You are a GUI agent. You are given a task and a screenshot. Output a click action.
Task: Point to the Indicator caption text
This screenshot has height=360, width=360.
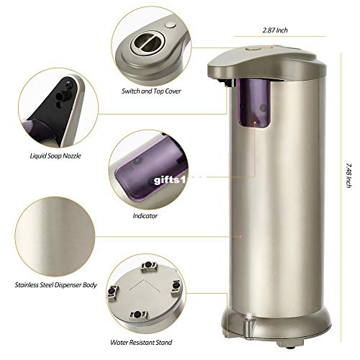146,215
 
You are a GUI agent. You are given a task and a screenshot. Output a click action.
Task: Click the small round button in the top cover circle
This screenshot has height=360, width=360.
170,27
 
